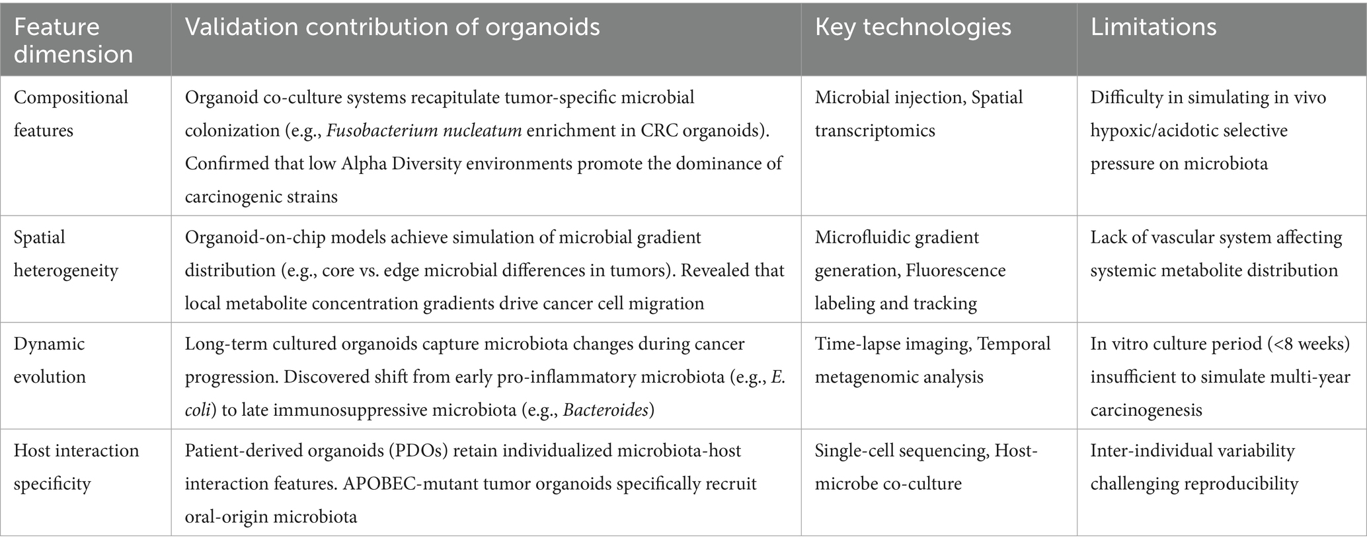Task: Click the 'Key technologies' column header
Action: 913,27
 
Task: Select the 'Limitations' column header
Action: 1153,27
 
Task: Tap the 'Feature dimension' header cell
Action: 73,40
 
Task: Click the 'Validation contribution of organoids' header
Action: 393,27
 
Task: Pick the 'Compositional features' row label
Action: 71,114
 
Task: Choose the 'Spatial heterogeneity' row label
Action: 66,254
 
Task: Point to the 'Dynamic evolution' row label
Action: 50,360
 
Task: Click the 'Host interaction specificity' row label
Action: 77,467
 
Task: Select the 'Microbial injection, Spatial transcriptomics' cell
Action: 919,114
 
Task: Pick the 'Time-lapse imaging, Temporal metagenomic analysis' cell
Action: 933,360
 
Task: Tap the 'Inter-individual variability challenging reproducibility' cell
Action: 1194,467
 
